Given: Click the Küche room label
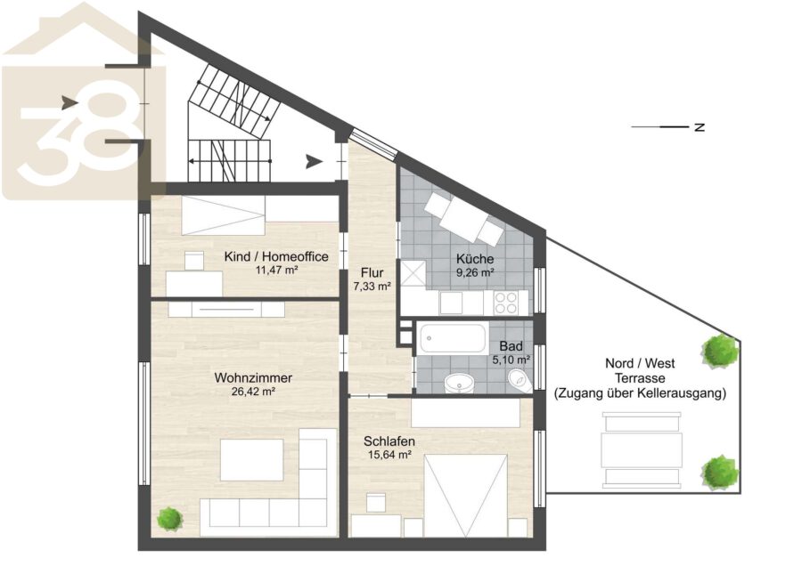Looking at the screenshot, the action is point(475,258).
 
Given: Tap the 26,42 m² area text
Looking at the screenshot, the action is point(253,392).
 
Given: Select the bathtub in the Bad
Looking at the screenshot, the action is point(453,338).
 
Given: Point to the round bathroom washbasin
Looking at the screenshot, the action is point(459,383).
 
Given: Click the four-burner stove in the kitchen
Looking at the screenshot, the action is point(505,303).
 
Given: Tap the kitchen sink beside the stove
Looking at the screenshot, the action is point(452,303).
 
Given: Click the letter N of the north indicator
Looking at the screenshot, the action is point(700,126).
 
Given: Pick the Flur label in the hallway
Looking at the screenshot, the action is point(372,273).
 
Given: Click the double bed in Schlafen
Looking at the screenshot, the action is point(465,495).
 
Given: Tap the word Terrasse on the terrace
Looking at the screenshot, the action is point(640,378).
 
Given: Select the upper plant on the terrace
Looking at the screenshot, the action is point(721,351).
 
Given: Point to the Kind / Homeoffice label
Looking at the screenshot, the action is point(276,256).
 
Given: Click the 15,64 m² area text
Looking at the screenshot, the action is point(390,454).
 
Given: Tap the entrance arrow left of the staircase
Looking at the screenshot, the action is point(70,103).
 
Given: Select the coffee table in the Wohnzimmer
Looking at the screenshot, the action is point(251,460).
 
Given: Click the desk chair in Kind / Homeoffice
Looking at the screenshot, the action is point(194,261).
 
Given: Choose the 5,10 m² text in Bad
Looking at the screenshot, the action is point(511,360).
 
